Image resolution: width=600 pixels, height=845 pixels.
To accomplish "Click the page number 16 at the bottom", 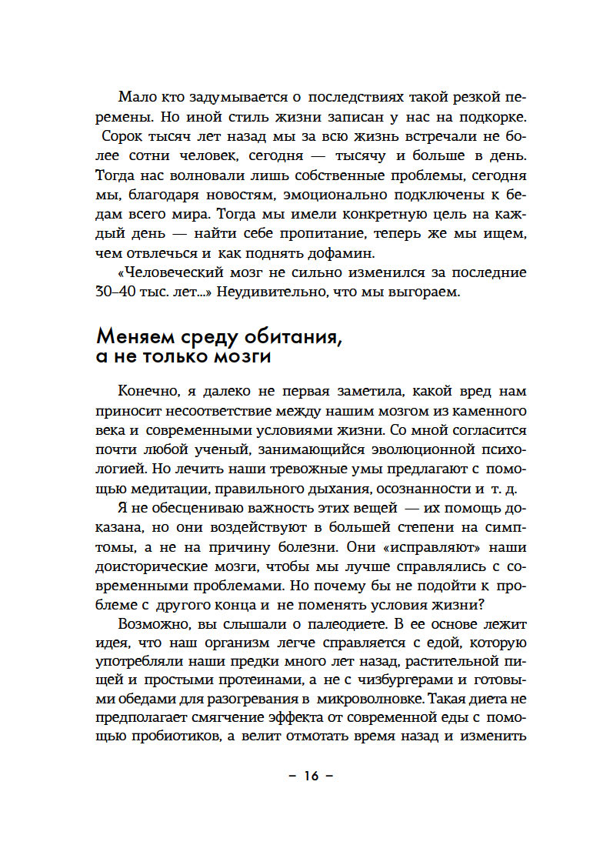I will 310,775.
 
